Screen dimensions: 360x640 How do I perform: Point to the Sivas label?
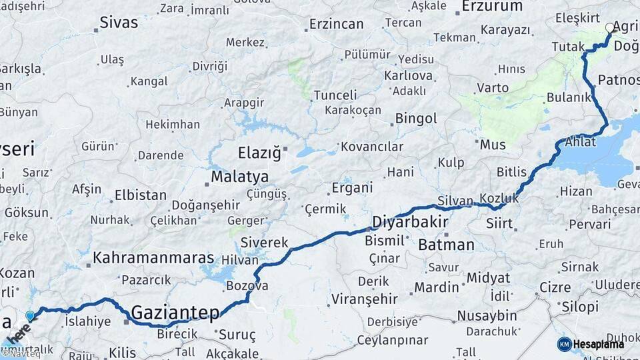pyautogui.click(x=119, y=22)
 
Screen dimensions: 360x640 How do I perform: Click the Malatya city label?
pyautogui.click(x=239, y=177)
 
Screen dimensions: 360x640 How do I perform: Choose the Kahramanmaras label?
pyautogui.click(x=154, y=257)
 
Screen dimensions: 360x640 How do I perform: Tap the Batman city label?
pyautogui.click(x=446, y=245)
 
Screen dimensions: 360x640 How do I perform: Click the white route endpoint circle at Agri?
pyautogui.click(x=609, y=28)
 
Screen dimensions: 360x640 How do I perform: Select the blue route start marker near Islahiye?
pyautogui.click(x=30, y=316)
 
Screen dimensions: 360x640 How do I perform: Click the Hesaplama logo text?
pyautogui.click(x=599, y=344)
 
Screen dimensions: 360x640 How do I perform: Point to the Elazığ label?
pyautogui.click(x=259, y=153)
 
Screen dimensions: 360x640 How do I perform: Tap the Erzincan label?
pyautogui.click(x=337, y=25)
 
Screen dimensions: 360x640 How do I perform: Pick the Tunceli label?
pyautogui.click(x=335, y=95)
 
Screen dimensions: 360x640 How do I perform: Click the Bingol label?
pyautogui.click(x=416, y=119)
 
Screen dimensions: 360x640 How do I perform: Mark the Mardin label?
pyautogui.click(x=437, y=287)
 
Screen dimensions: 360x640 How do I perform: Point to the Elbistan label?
pyautogui.click(x=141, y=195)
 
